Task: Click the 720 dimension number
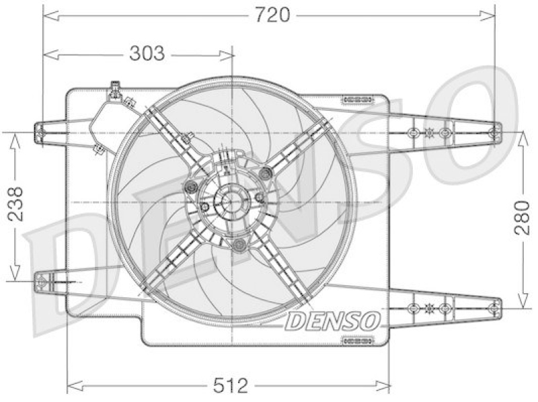(x=273, y=15)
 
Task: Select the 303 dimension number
(x=147, y=54)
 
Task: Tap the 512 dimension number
(x=230, y=386)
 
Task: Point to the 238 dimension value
(x=15, y=204)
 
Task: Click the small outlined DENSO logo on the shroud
(x=332, y=321)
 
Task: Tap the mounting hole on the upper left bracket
(x=40, y=132)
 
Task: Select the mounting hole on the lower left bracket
(x=41, y=282)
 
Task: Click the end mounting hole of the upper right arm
(x=494, y=132)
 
